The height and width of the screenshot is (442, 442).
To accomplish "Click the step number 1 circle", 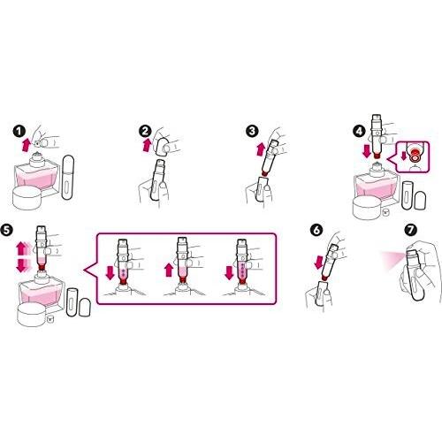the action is click(x=19, y=132).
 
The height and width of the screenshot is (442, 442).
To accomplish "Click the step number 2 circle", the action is click(x=145, y=132).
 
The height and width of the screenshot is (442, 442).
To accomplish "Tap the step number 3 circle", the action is click(x=252, y=132).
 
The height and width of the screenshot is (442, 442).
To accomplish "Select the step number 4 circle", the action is click(x=359, y=132).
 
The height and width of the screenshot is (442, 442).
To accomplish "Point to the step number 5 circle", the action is click(x=7, y=230).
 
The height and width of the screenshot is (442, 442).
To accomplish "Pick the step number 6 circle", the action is click(x=316, y=230).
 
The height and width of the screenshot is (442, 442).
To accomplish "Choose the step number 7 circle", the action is click(x=411, y=230).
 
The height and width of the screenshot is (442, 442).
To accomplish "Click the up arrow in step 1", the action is click(x=27, y=145).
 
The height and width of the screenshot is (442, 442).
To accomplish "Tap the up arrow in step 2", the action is click(x=148, y=145).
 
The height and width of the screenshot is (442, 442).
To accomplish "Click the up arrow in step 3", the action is click(x=261, y=149).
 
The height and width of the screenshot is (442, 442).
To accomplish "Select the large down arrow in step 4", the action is click(x=367, y=150).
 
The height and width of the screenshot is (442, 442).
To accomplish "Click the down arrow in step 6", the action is click(x=318, y=263).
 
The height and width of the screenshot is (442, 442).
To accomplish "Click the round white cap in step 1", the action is click(x=27, y=198).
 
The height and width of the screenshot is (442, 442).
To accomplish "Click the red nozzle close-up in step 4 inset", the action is click(x=414, y=156).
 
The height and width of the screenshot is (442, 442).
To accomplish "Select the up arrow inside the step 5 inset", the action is click(x=169, y=271).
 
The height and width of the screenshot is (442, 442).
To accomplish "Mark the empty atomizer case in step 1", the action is click(x=67, y=177).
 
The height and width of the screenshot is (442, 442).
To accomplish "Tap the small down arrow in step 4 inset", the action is click(x=403, y=156).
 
